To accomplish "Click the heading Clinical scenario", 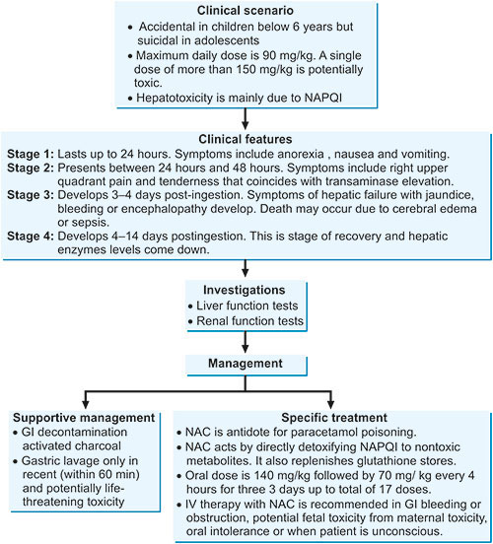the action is [x=246, y=11].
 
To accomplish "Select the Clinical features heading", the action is [x=246, y=139].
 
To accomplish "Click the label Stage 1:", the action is [x=31, y=154].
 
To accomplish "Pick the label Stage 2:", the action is [x=31, y=168].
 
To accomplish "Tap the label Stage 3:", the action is [x=31, y=195].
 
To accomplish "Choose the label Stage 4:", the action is [x=31, y=237].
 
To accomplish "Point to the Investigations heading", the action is [x=245, y=290].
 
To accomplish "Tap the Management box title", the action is [x=246, y=364].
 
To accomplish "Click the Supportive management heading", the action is [x=84, y=418].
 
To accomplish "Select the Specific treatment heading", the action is [x=334, y=418].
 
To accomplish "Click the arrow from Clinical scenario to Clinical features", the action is [x=246, y=119].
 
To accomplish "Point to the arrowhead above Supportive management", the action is [x=86, y=404].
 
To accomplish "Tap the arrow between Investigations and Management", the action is [x=246, y=342].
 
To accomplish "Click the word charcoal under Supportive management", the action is [x=99, y=445].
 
